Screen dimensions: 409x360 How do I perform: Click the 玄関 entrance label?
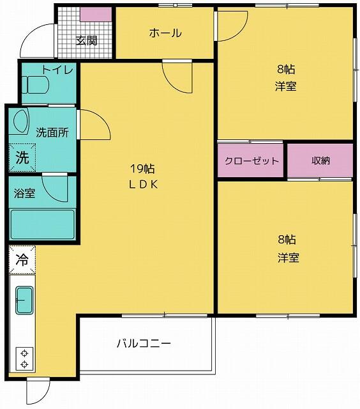click(86, 41)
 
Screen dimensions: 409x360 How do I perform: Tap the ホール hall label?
click(165, 33)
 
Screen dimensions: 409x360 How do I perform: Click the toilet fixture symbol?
click(36, 86)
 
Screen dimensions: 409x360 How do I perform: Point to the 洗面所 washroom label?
click(52, 133)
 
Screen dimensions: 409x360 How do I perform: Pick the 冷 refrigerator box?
click(22, 260)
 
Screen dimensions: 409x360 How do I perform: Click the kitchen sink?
click(24, 300)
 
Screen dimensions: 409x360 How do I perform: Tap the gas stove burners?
click(24, 358)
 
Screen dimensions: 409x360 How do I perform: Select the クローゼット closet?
click(251, 161)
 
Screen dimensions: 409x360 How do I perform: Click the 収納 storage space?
click(320, 161)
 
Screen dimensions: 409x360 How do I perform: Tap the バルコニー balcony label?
click(144, 343)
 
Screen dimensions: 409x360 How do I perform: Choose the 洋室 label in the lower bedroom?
click(288, 258)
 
